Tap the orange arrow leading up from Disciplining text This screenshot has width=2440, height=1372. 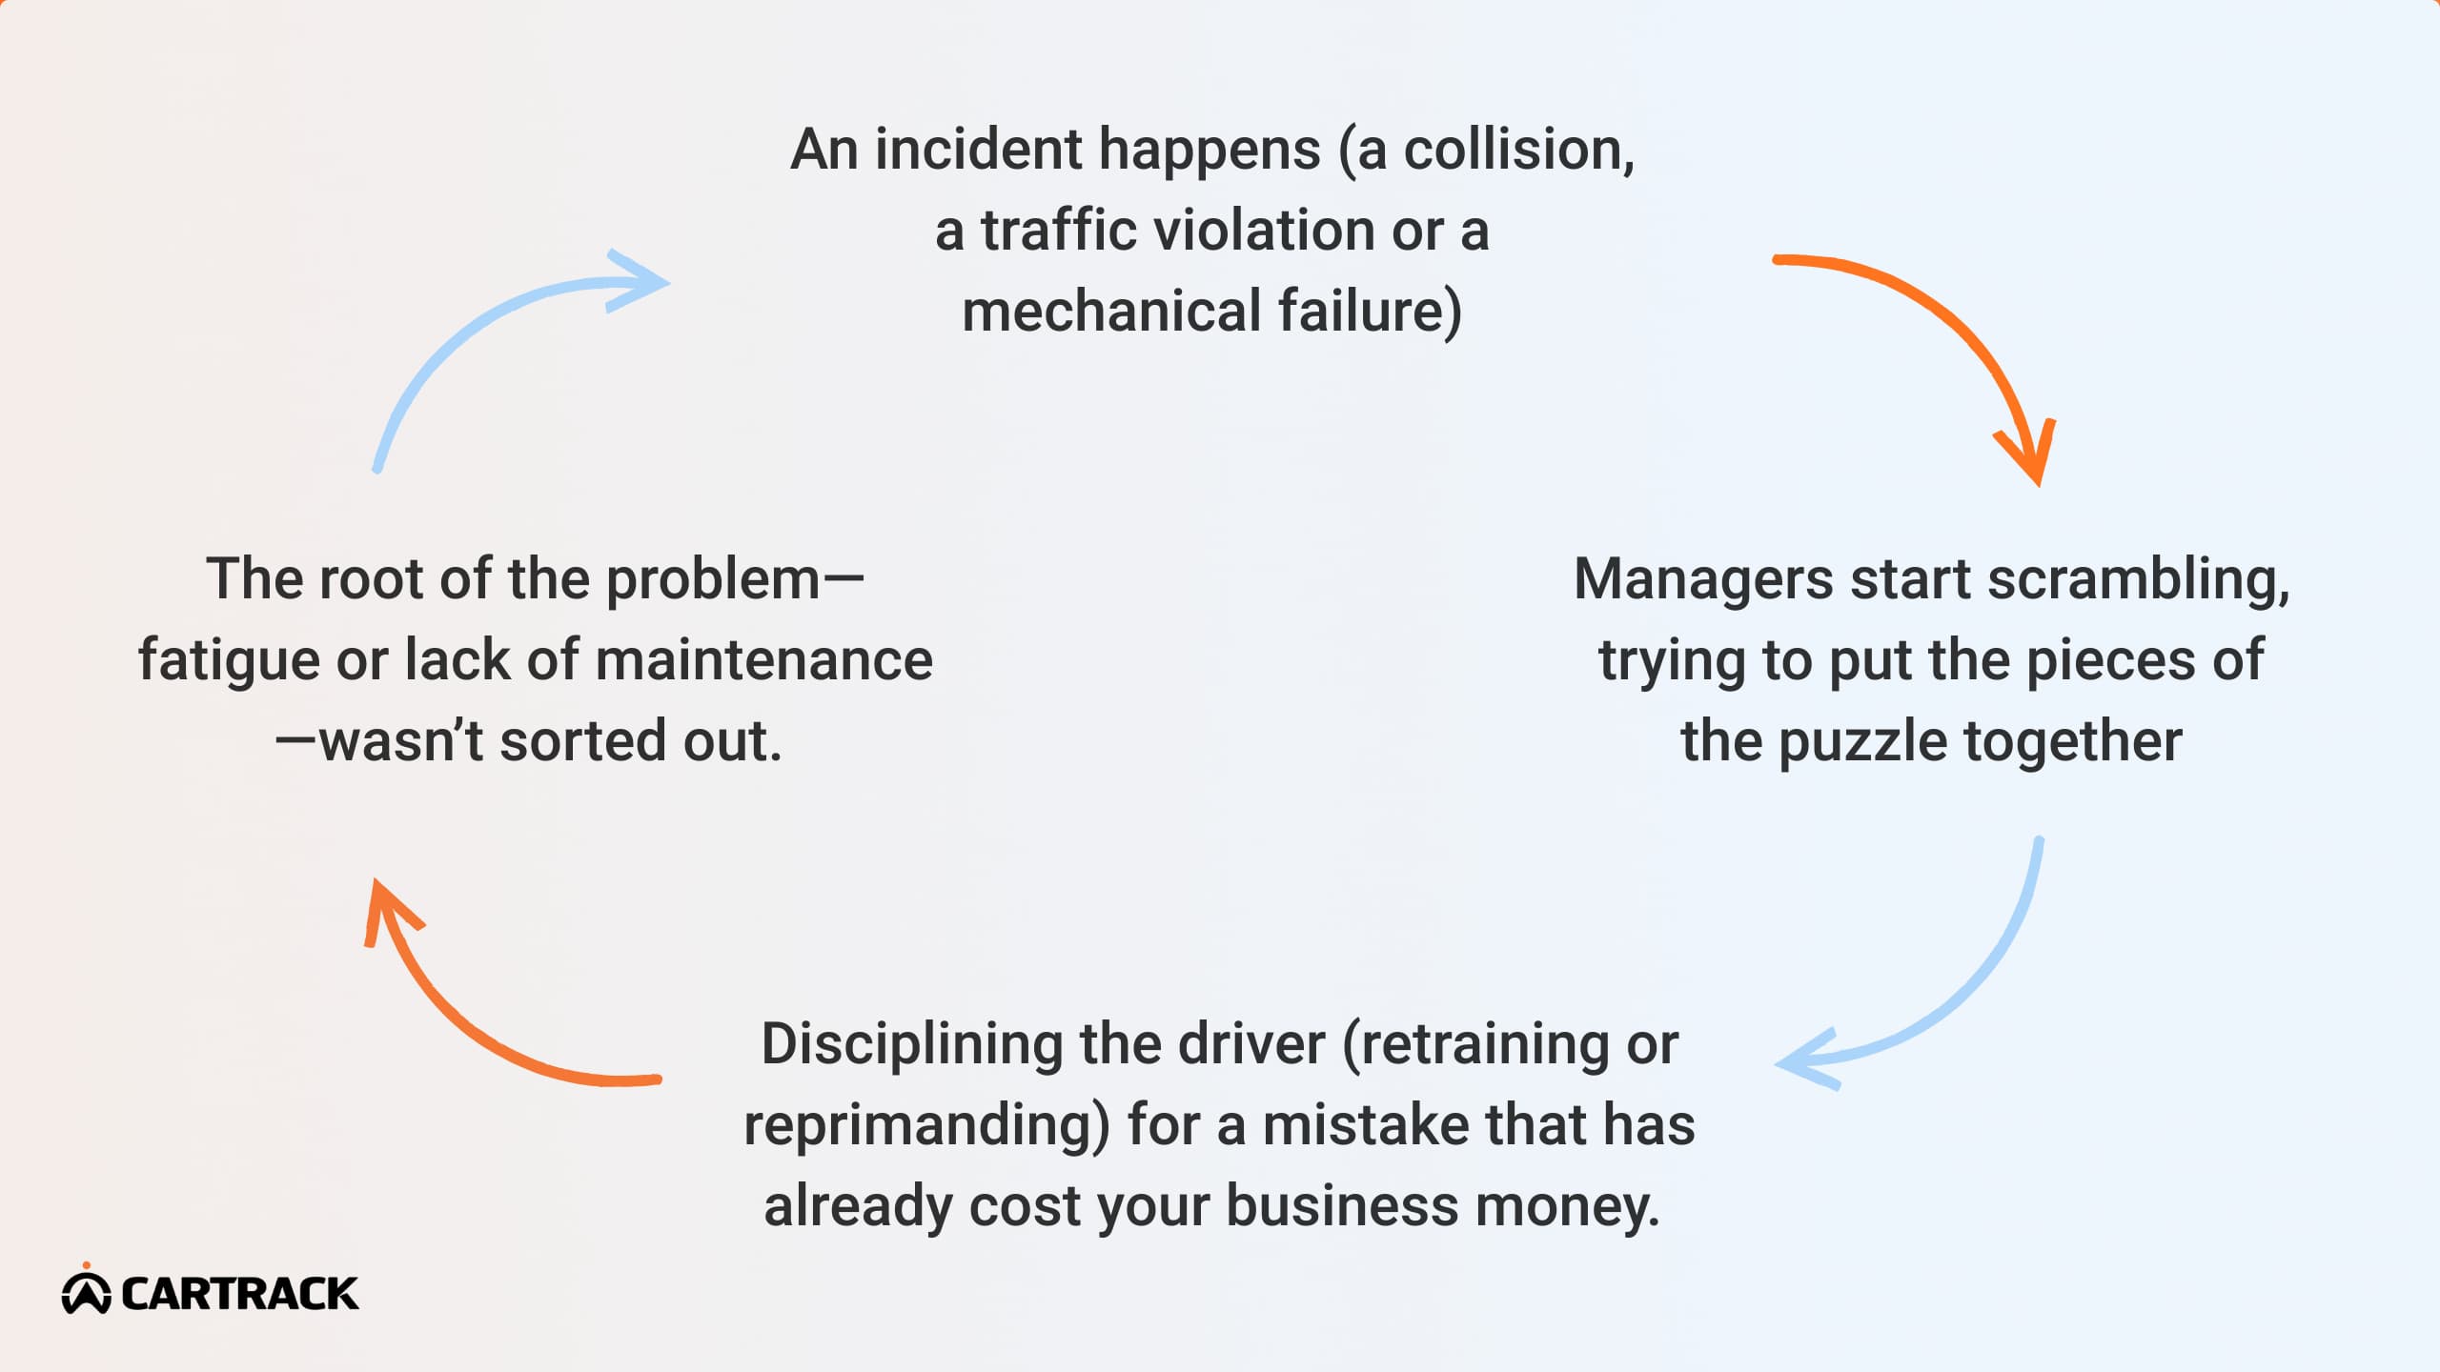pos(448,1010)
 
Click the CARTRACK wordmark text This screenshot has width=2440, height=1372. pos(239,1294)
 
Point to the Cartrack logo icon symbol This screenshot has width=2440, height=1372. pos(87,1291)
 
